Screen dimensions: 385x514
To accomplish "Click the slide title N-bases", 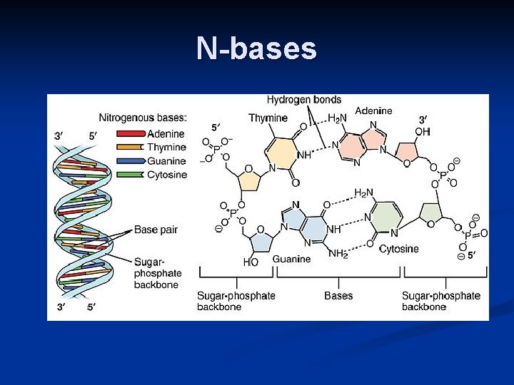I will [256, 48].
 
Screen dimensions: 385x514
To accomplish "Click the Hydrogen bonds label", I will [304, 101].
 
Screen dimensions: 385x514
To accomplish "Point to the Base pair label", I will [156, 230].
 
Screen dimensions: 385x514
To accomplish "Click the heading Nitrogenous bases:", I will [143, 118].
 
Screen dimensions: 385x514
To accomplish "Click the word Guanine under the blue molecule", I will [291, 260].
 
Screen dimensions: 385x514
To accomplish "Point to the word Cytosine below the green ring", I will [398, 249].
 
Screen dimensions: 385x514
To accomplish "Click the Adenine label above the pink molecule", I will [373, 111].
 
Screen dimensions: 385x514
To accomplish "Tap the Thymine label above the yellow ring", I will [268, 118].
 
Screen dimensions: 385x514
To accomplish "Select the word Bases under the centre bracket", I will [338, 295].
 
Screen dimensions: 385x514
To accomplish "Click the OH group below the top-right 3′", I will [423, 132].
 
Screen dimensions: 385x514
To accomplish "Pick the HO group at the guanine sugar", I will [251, 262].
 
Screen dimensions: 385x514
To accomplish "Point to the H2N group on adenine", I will [338, 118].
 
